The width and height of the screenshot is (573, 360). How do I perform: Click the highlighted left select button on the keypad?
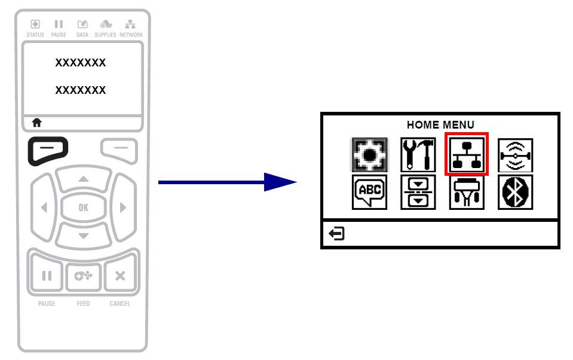(48, 150)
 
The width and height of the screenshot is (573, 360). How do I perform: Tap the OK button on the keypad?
(83, 208)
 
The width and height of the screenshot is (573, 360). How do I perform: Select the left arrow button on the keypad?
(44, 208)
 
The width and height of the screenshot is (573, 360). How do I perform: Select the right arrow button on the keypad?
(123, 208)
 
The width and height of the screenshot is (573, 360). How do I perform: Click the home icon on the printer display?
(37, 123)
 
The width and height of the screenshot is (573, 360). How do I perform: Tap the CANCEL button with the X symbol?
(120, 276)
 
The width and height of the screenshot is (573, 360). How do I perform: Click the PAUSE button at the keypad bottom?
(47, 276)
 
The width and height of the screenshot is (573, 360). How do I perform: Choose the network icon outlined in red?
(467, 154)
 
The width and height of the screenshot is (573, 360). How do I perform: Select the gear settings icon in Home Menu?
(369, 155)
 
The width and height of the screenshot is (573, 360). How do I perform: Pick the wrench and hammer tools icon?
(418, 155)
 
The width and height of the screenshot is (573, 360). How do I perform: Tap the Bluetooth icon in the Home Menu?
(515, 192)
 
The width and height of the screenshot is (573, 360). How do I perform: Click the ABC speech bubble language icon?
(369, 192)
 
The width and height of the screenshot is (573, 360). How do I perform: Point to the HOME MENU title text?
(440, 125)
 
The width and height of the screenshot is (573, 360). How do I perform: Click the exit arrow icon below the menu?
(336, 233)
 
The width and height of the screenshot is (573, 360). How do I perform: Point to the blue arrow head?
(280, 182)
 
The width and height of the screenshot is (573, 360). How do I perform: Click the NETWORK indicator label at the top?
(131, 35)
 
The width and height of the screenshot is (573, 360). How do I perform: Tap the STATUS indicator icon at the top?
(35, 24)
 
